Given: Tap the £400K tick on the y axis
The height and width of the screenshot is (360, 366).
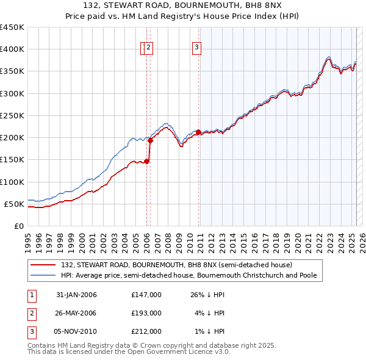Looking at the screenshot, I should coord(13,49).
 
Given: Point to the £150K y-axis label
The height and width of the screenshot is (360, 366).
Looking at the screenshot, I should coord(13,160).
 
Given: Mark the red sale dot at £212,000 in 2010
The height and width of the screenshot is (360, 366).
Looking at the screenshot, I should coord(199,132).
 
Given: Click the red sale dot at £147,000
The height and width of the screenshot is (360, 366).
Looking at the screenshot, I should coord(147,161).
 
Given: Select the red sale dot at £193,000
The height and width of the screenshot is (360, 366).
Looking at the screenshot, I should coord(151,140).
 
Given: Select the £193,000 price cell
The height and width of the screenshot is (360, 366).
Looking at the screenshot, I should coord(146,313).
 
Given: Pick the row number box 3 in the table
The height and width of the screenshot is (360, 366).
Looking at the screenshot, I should coord(31,331).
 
